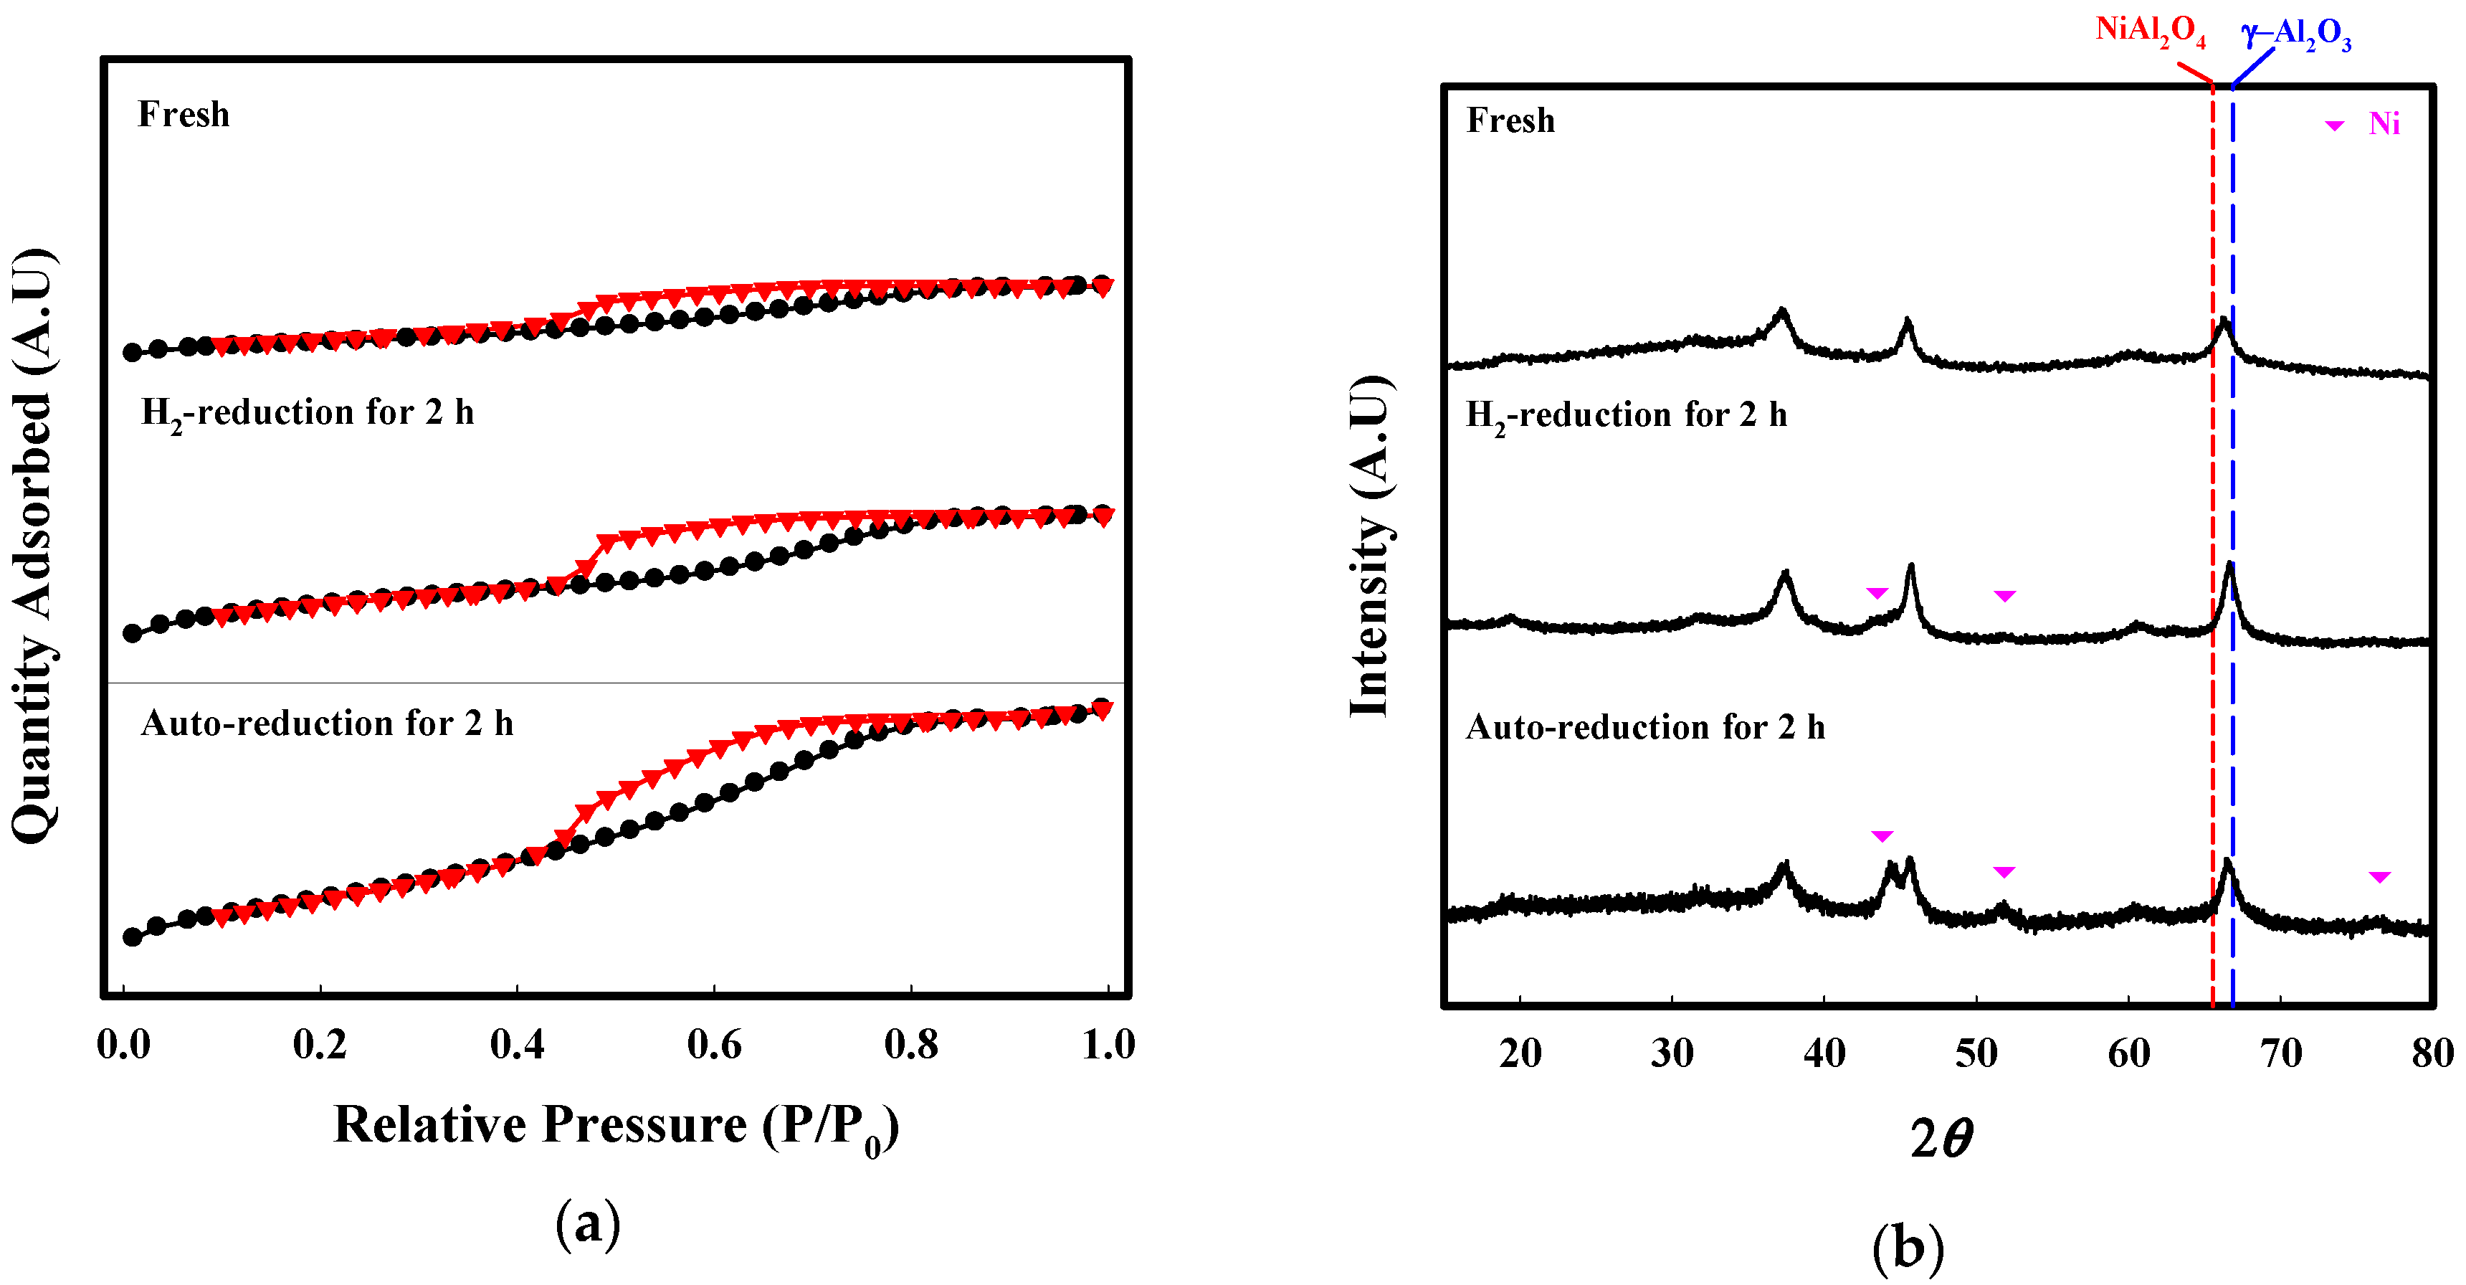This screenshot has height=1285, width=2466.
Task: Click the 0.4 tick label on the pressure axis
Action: (517, 1043)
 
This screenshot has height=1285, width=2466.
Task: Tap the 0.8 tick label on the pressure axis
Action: (911, 1043)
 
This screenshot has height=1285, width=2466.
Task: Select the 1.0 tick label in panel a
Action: (1108, 1043)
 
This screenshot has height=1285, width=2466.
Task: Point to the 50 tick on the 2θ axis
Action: (1976, 1053)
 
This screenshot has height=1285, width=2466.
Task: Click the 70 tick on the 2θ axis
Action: (2280, 1053)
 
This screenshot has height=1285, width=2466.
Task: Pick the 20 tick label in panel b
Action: (1520, 1053)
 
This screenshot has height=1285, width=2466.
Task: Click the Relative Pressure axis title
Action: (616, 1126)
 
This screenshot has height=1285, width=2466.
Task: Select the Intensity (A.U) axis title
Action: (1370, 546)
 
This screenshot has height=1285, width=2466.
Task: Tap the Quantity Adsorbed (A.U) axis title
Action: (34, 546)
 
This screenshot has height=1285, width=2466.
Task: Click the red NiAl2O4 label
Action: (2150, 32)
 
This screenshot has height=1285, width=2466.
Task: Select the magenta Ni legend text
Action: (2384, 123)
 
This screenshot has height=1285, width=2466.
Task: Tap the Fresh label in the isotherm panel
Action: (184, 115)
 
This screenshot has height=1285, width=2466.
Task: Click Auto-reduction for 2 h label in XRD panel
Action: (1644, 728)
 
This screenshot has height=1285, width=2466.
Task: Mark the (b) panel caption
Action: (1907, 1248)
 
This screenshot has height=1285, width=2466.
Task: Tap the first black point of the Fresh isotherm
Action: (132, 352)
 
